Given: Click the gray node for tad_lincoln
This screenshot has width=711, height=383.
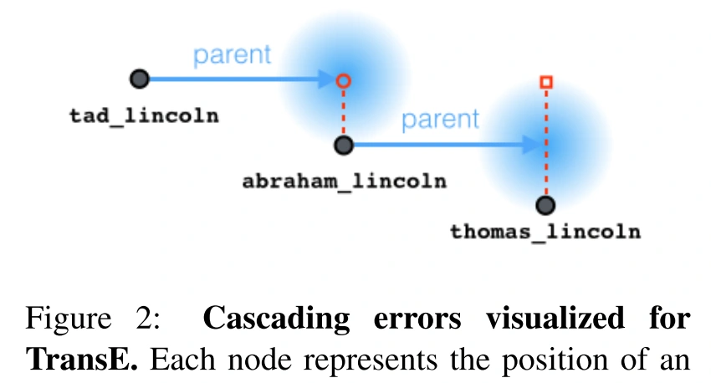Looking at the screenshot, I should pyautogui.click(x=140, y=79).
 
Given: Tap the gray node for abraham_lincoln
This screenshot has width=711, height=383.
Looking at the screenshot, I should pyautogui.click(x=342, y=146).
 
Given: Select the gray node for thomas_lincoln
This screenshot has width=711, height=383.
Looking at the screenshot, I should pyautogui.click(x=545, y=205).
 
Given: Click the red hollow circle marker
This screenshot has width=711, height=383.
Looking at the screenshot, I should pyautogui.click(x=342, y=81).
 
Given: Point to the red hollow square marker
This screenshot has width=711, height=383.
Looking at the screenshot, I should pyautogui.click(x=545, y=82).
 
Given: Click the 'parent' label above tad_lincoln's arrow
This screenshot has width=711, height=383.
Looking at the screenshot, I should pyautogui.click(x=233, y=55).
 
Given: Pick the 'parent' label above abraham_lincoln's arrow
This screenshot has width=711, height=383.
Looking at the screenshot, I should pyautogui.click(x=441, y=120).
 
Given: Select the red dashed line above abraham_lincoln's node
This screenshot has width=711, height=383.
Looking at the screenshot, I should pyautogui.click(x=342, y=113).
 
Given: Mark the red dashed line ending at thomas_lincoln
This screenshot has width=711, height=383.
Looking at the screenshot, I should pyautogui.click(x=545, y=142).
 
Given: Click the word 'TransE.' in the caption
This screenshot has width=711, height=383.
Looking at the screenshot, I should pyautogui.click(x=78, y=360).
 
